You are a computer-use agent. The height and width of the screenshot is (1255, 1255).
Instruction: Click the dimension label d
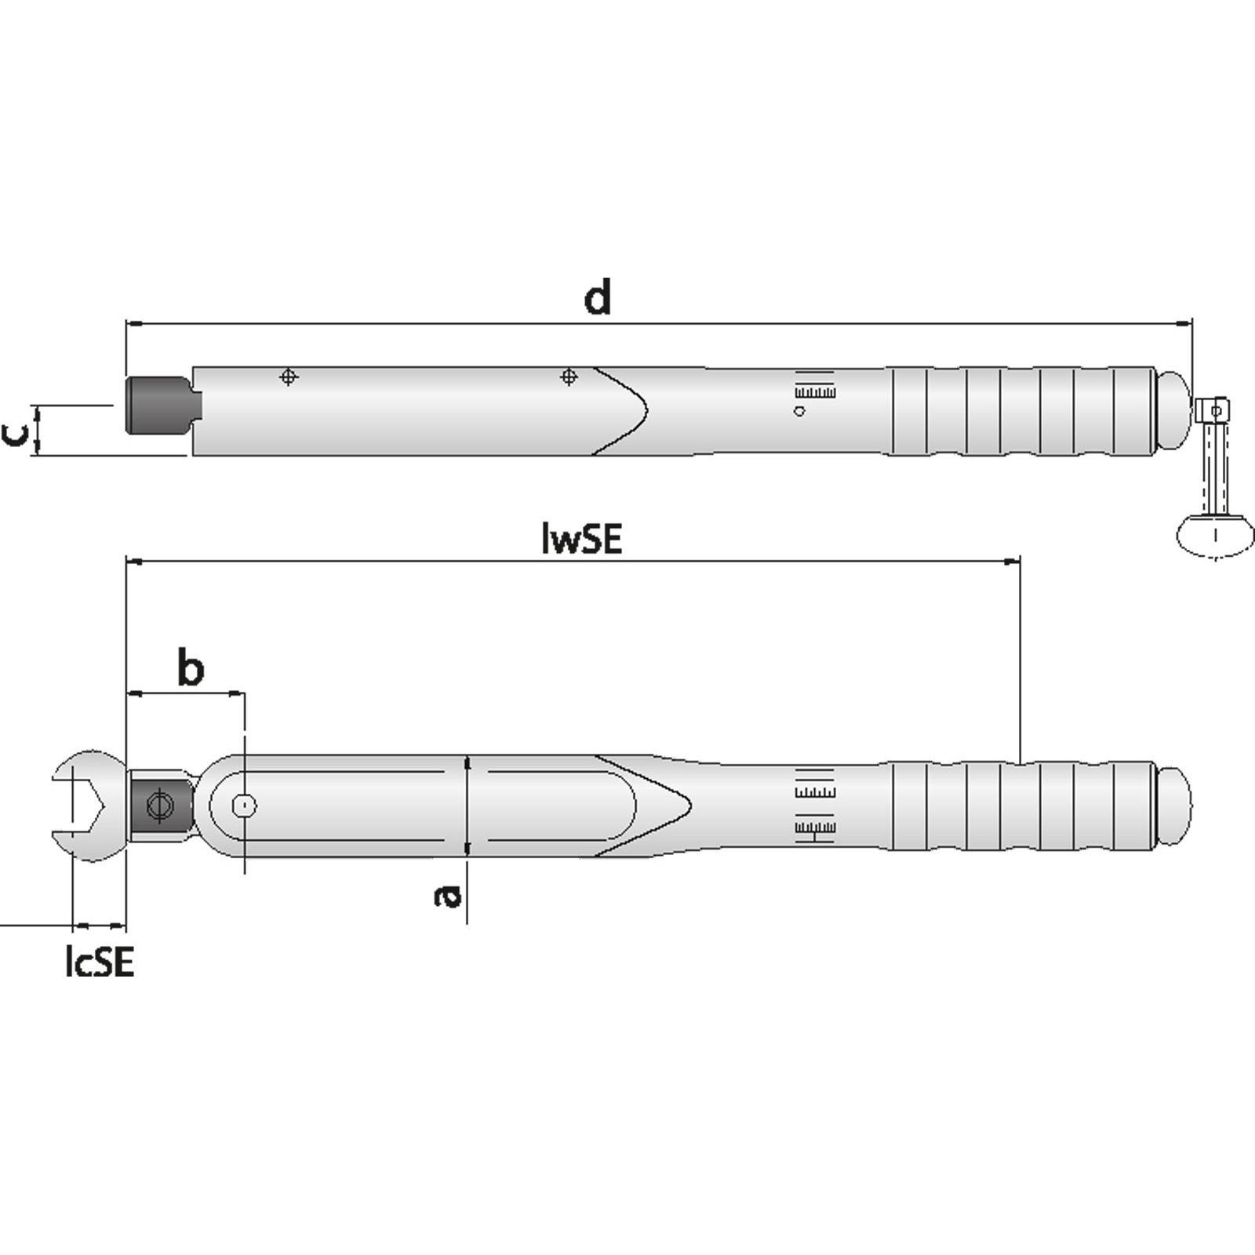pyautogui.click(x=598, y=298)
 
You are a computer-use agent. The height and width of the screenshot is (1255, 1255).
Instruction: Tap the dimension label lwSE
pyautogui.click(x=581, y=539)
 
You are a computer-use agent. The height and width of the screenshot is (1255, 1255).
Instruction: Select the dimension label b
pyautogui.click(x=190, y=668)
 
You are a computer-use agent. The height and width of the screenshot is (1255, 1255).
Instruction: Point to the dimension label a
pyautogui.click(x=448, y=895)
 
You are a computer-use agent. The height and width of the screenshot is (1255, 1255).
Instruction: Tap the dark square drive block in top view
pyautogui.click(x=157, y=405)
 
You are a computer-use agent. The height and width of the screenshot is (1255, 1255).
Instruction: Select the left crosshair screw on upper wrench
pyautogui.click(x=289, y=377)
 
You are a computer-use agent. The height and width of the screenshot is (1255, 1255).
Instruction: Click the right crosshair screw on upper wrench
pyautogui.click(x=569, y=377)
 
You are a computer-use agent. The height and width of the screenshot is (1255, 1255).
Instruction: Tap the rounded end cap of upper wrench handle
pyautogui.click(x=1174, y=410)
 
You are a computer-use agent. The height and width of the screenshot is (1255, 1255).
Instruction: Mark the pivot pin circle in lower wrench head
pyautogui.click(x=245, y=805)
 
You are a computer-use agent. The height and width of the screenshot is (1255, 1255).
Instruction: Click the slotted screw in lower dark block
pyautogui.click(x=160, y=806)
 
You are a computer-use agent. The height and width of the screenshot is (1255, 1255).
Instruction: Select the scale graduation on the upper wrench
pyautogui.click(x=815, y=391)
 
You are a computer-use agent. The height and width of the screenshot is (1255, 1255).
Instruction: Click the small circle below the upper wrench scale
pyautogui.click(x=799, y=411)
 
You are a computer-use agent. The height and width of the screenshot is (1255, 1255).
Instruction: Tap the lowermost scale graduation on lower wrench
pyautogui.click(x=815, y=828)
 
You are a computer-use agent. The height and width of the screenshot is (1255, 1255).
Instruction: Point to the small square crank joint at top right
pyautogui.click(x=1213, y=409)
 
